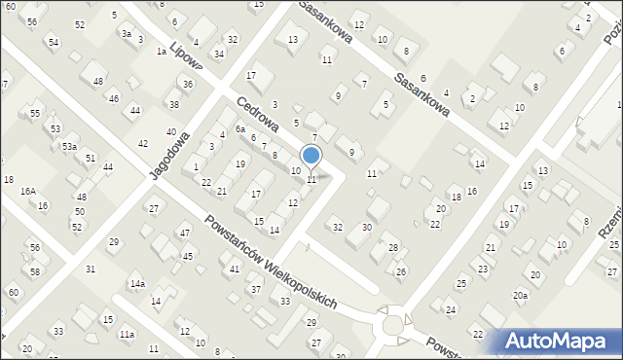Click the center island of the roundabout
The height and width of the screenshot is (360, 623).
pos(393,325)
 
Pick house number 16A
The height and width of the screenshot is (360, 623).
pos(29,192)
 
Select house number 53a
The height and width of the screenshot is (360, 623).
pos(70,146)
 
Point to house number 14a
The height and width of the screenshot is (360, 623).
pos(138,283)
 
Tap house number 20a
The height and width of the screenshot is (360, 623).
pos(521,295)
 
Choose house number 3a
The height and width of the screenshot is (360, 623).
pos(126,33)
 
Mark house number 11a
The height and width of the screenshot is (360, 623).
pos(128,334)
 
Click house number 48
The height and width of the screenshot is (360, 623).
pos(98,81)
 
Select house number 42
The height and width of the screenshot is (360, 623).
pos(143,143)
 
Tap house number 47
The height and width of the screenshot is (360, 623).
pos(184,233)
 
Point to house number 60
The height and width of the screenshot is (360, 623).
pos(14,292)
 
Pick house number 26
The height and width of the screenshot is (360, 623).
pos(401,270)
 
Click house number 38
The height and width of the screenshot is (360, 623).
pos(174,104)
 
